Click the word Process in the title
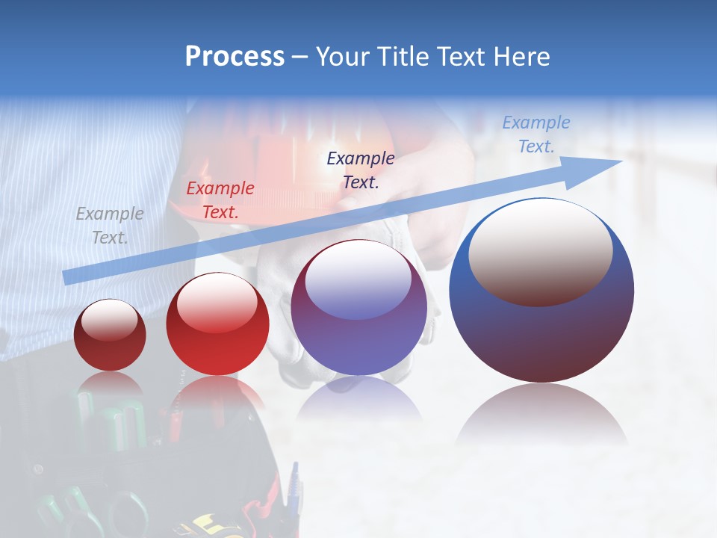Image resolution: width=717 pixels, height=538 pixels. [x=235, y=56]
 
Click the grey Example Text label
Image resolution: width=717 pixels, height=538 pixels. [x=110, y=225]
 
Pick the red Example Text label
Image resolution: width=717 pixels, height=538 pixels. [x=220, y=200]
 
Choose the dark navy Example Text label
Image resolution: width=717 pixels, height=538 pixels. [x=361, y=170]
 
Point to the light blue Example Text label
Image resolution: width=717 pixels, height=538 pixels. [x=536, y=134]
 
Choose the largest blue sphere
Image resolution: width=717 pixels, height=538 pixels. [x=541, y=336]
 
